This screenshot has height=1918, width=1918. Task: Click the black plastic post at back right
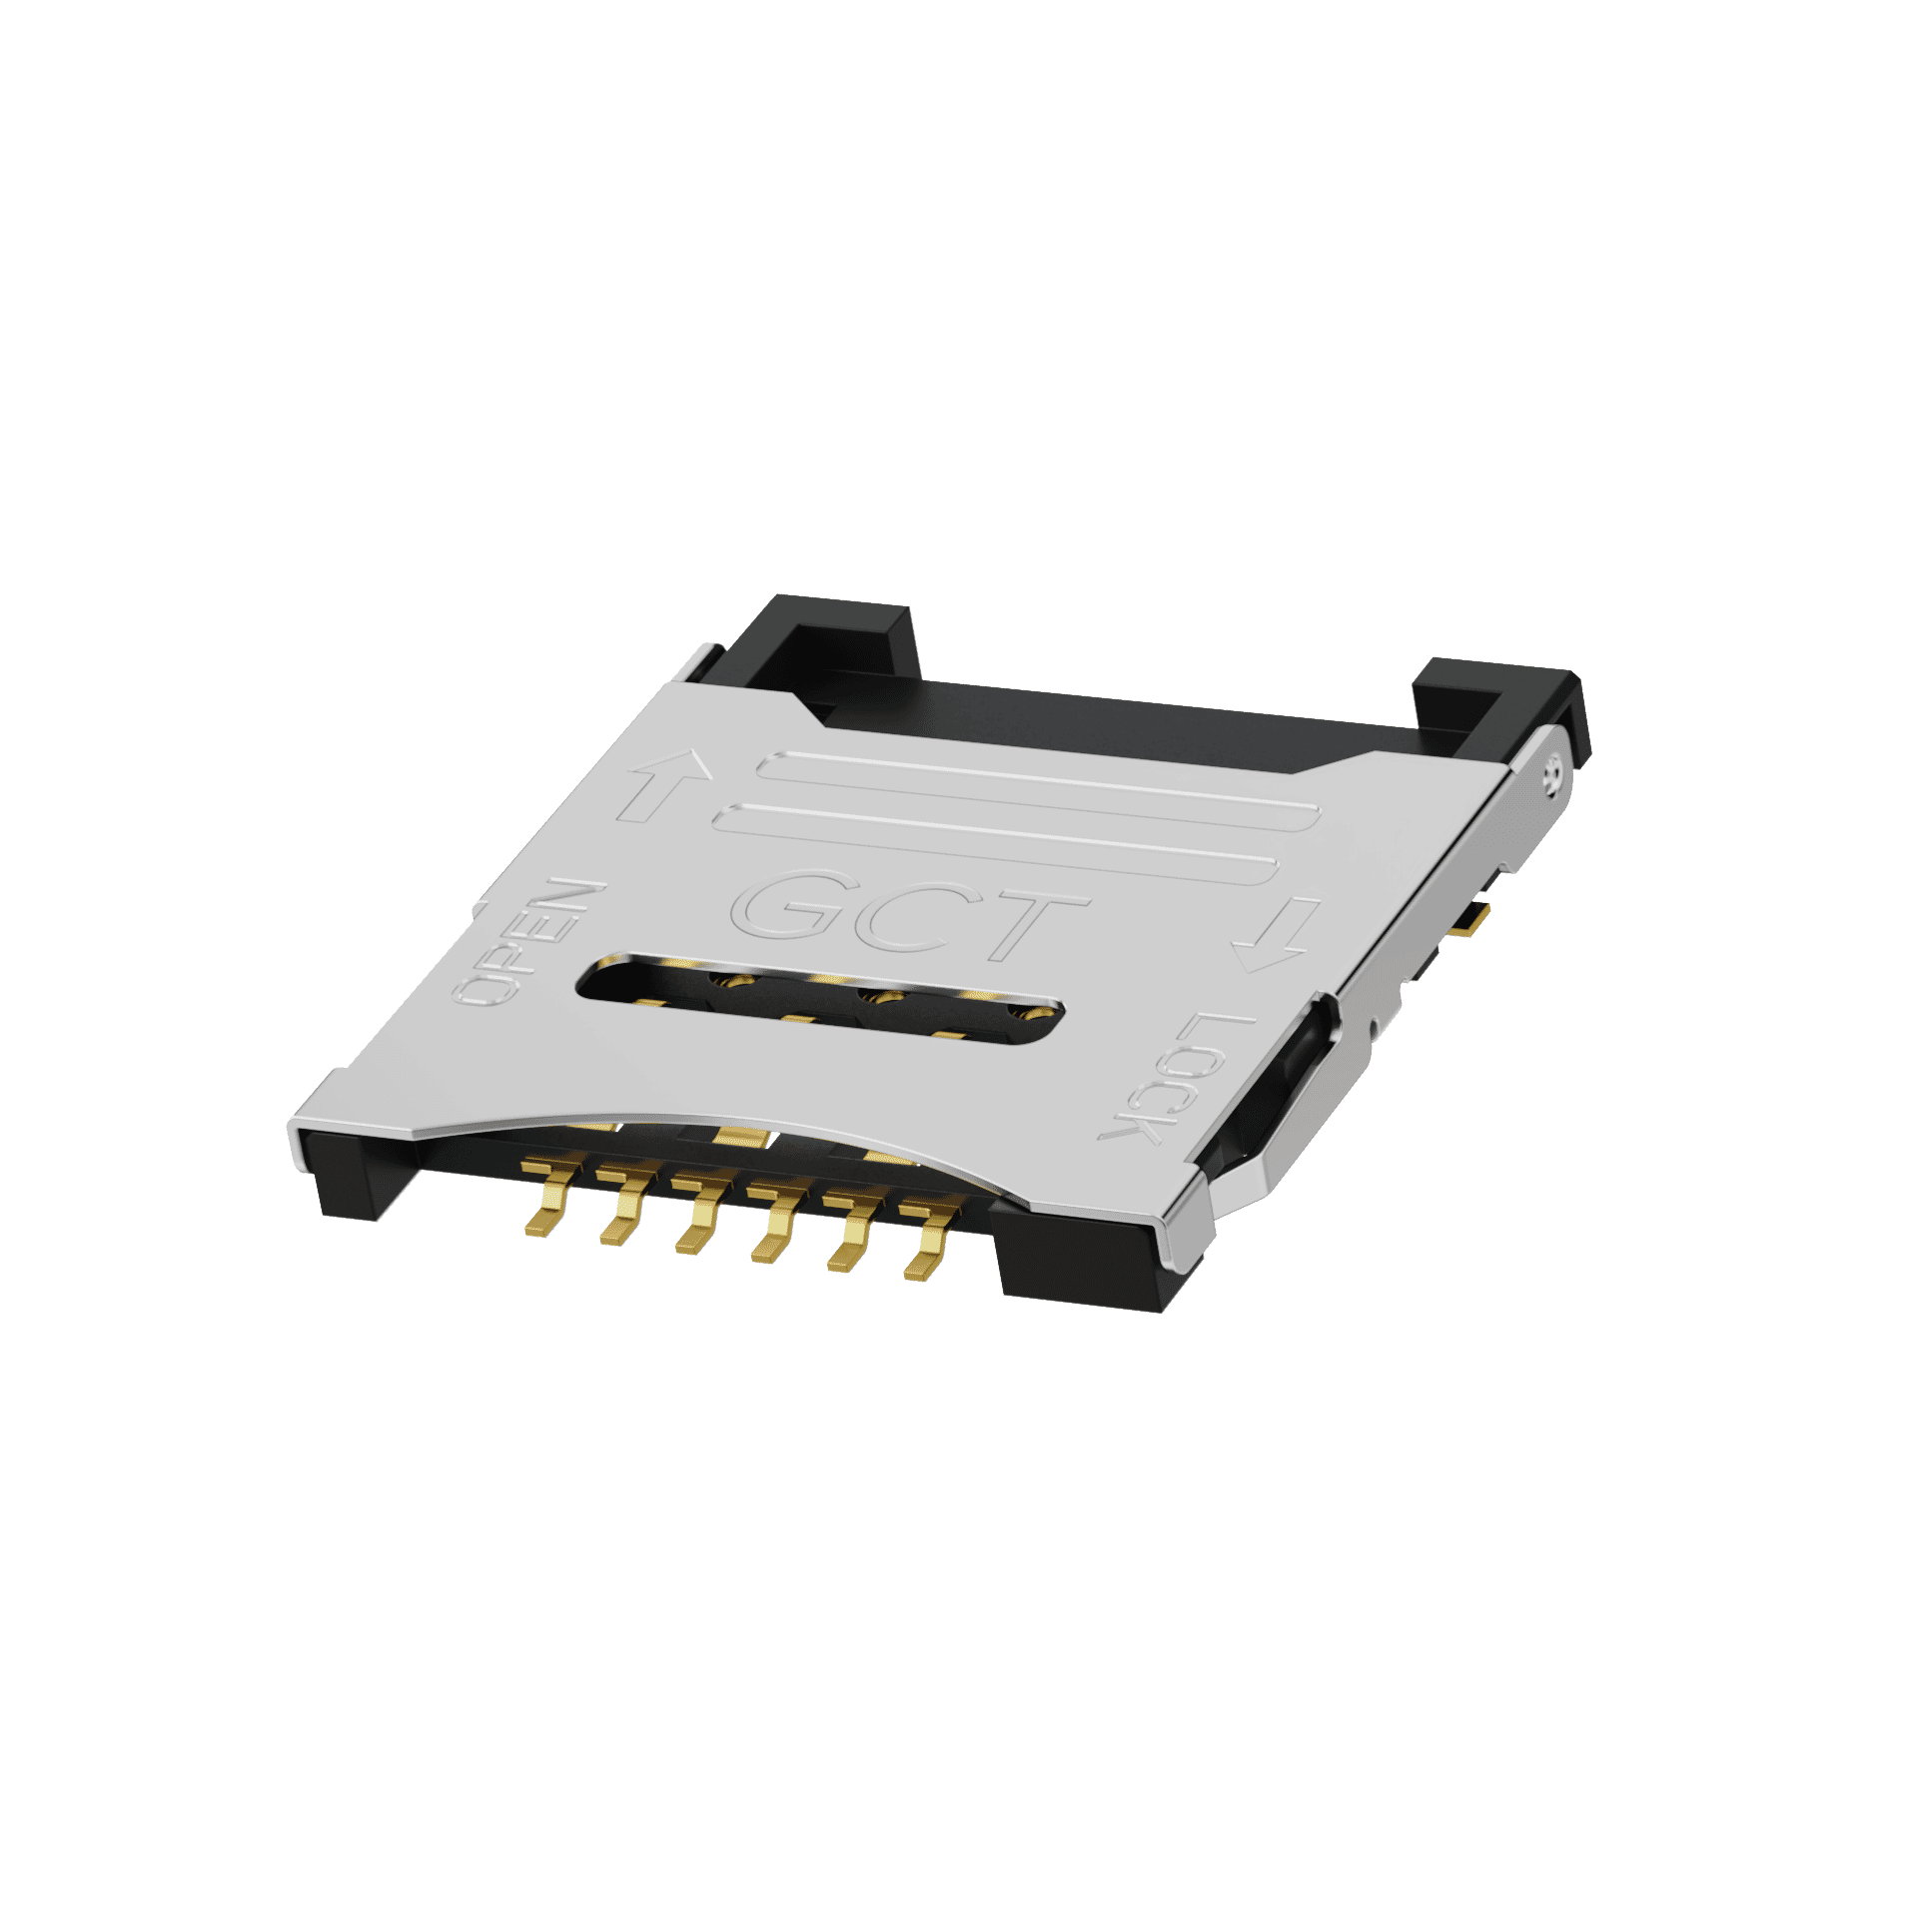coord(1498,709)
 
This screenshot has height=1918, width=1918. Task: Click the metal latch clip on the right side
coord(1289,1109)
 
